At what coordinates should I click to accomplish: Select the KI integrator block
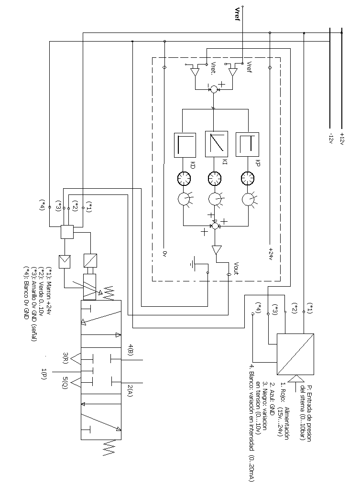(x=215, y=144)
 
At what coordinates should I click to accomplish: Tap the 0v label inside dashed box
(x=164, y=253)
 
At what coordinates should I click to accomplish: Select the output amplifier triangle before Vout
(x=216, y=250)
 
